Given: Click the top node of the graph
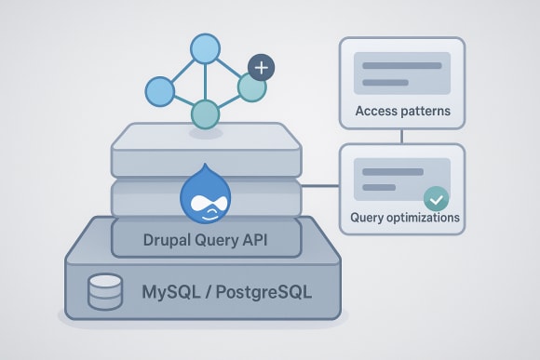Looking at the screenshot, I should tap(205, 48).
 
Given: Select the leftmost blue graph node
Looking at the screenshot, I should tap(160, 90).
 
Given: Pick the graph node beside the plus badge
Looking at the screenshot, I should tap(251, 87).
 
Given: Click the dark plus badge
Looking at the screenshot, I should tap(263, 67).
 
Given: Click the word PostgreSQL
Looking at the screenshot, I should tap(263, 291).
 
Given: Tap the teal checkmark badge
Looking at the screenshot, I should tap(435, 198).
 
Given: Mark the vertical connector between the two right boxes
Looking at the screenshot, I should tap(401, 136).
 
